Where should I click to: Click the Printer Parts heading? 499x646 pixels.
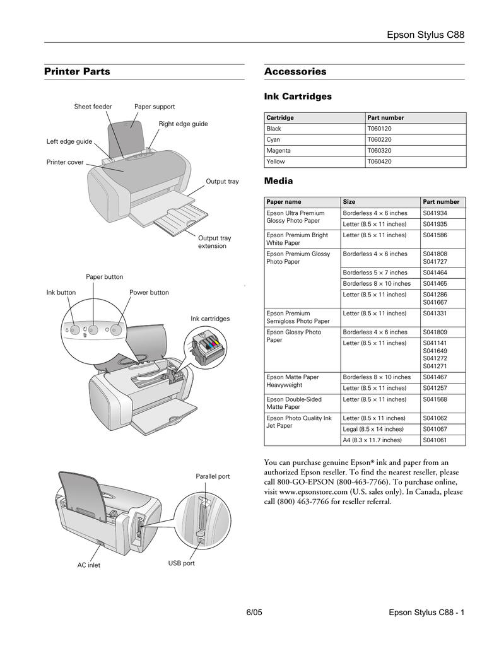77,72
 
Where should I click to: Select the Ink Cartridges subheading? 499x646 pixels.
297,97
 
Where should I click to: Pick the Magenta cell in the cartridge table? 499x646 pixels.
278,151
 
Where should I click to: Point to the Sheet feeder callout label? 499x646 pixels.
93,107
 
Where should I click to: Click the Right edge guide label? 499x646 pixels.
183,124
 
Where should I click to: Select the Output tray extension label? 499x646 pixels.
214,242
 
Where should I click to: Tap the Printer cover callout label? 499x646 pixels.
65,162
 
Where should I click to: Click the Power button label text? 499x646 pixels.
149,293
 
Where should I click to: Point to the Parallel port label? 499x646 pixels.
212,476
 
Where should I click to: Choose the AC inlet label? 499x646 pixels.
89,565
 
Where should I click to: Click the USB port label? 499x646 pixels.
181,563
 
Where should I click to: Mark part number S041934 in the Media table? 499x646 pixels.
435,213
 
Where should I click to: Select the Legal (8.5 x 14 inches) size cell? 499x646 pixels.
373,429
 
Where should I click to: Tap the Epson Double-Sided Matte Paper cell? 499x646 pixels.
294,403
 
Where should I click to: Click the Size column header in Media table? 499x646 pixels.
349,202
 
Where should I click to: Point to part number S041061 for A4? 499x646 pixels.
435,440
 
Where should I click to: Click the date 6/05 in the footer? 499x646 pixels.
253,613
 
